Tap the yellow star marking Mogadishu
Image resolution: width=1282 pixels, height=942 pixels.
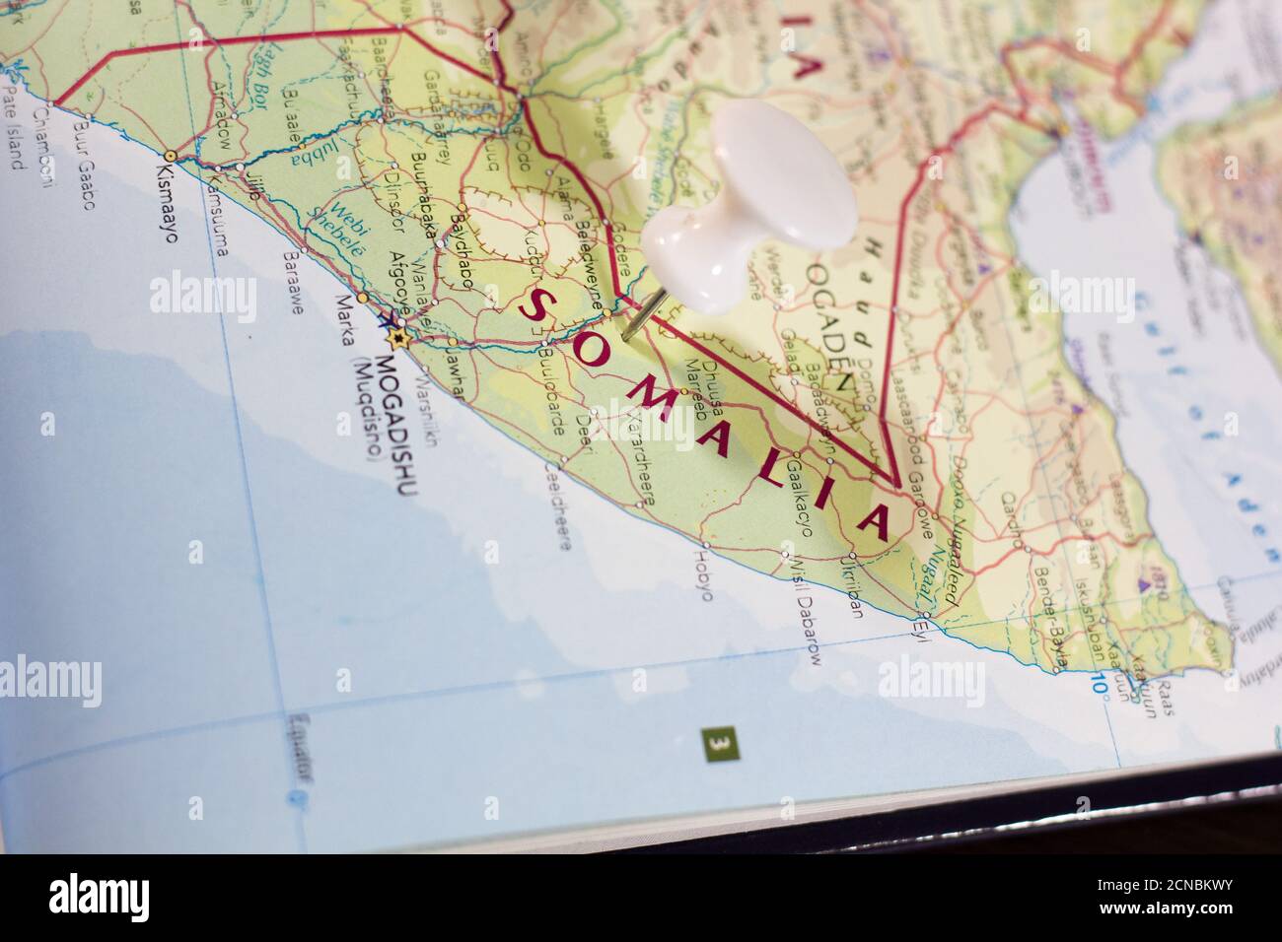398,338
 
